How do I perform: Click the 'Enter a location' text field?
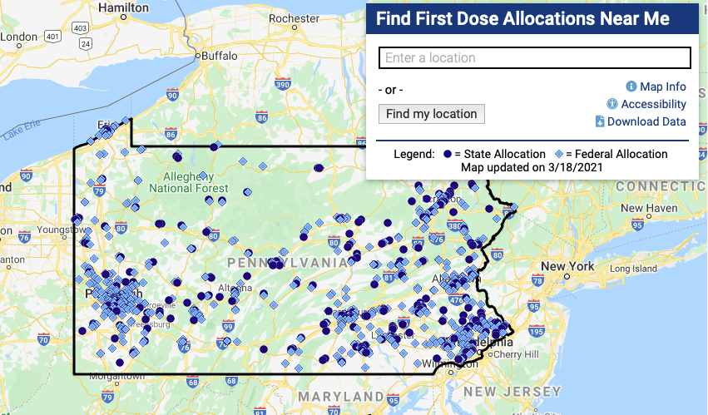[534, 58]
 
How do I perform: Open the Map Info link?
[662, 86]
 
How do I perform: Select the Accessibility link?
[653, 104]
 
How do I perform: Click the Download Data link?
[646, 121]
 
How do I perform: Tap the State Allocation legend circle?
[448, 154]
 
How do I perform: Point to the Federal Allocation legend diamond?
[559, 154]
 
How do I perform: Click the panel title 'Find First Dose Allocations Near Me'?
[522, 19]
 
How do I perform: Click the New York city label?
[567, 266]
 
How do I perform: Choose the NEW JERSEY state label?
[512, 391]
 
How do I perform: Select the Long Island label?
[635, 269]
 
